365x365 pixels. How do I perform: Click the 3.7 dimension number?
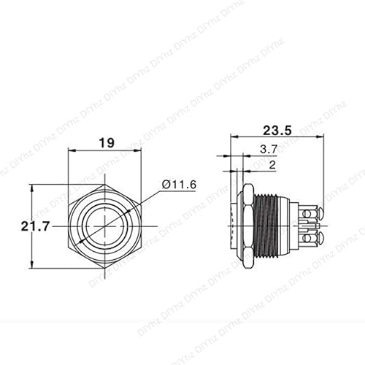[268, 151]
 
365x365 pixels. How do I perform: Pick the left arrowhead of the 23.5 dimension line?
[233, 137]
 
